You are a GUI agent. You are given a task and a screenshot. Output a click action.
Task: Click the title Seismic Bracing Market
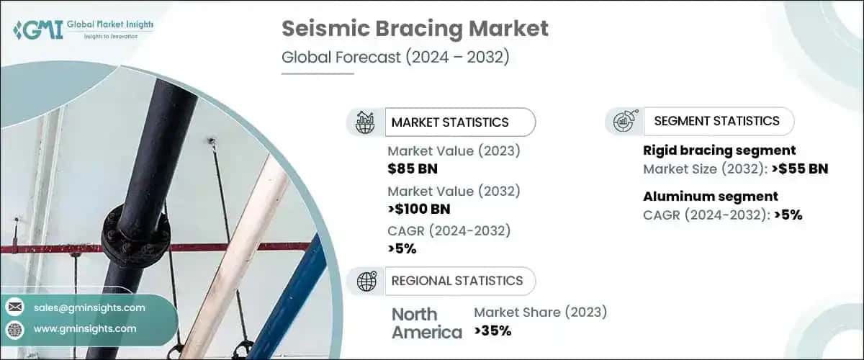click(x=415, y=29)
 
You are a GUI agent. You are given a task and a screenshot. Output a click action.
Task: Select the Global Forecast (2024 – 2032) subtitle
click(x=395, y=57)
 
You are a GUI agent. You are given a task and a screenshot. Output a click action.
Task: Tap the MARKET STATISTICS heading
click(x=449, y=122)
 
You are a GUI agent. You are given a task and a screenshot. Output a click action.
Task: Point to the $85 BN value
click(x=413, y=169)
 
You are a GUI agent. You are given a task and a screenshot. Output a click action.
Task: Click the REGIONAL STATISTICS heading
click(x=456, y=281)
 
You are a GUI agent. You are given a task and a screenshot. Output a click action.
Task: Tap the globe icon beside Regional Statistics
click(x=366, y=282)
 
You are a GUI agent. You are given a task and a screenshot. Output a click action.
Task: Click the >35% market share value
click(x=492, y=331)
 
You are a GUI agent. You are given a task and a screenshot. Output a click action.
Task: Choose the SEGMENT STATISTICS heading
click(x=716, y=121)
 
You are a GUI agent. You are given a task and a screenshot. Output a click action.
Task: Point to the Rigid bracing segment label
click(x=719, y=150)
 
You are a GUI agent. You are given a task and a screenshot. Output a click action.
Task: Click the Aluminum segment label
click(x=710, y=196)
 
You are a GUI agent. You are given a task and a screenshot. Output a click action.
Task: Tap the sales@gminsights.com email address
click(x=89, y=307)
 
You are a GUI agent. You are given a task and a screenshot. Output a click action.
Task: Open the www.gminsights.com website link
click(x=85, y=329)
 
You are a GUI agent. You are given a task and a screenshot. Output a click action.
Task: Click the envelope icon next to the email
click(x=14, y=307)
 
